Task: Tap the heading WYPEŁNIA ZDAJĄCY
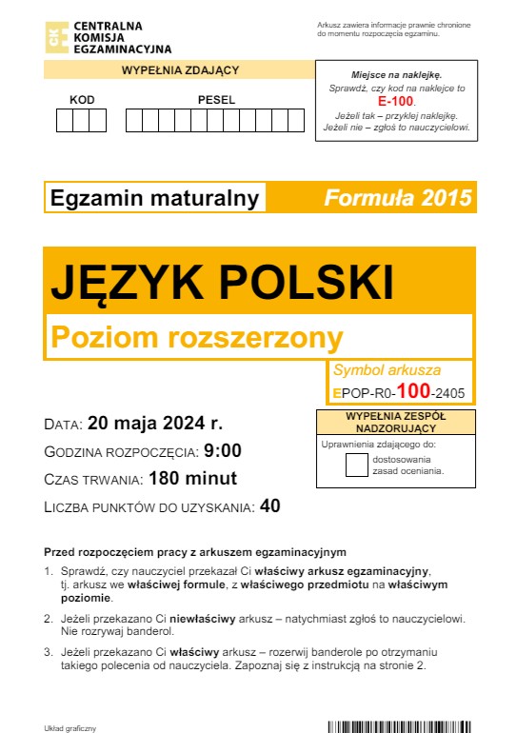[x=179, y=69]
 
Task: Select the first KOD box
[x=66, y=120]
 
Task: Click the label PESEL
[x=216, y=100]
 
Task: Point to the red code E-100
[x=395, y=100]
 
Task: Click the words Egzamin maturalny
[x=154, y=198]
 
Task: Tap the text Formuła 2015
[x=397, y=198]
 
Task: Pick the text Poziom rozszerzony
[x=195, y=337]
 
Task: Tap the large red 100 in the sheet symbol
[x=413, y=390]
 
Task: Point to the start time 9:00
[x=223, y=450]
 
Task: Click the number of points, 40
[x=269, y=506]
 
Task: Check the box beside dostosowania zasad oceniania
[x=356, y=465]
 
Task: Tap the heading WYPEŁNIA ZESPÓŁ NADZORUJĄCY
[x=395, y=423]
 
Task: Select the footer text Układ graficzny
[x=70, y=728]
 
